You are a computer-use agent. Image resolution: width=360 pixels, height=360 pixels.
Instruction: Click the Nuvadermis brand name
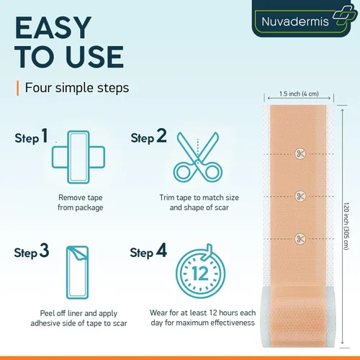295,22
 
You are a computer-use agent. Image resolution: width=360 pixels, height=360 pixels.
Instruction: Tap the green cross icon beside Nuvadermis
345,16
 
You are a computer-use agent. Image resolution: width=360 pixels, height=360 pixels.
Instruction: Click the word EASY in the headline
53,27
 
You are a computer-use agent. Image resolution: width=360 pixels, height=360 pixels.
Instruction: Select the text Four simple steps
77,88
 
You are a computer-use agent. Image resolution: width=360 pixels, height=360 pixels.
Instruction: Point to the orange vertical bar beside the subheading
18,89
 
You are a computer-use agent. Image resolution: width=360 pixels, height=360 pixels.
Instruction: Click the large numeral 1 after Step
45,135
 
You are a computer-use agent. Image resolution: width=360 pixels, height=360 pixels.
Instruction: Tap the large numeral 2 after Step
161,135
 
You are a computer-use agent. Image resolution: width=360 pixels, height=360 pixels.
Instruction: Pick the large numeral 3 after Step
44,251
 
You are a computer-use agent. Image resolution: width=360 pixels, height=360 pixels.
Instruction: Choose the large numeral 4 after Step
161,251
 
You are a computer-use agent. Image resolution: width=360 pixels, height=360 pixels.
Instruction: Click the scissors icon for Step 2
198,157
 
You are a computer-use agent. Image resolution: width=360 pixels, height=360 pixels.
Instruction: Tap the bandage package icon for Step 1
78,157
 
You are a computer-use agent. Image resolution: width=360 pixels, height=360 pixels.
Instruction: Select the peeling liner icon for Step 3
77,272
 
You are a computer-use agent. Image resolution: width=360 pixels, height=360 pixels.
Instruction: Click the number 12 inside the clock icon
200,274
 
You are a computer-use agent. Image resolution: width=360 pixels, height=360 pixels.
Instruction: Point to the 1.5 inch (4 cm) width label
299,94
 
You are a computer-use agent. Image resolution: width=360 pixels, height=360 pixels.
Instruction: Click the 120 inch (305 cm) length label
346,226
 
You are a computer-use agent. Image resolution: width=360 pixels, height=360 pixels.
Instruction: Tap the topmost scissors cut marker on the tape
300,153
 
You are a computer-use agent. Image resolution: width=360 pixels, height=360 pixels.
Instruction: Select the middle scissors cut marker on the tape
300,197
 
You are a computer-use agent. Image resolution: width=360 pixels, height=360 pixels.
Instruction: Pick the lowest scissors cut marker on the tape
300,239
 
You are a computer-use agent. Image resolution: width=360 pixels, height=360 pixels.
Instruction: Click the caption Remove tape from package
81,202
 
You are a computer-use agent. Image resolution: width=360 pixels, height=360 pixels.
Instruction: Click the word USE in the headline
95,57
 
